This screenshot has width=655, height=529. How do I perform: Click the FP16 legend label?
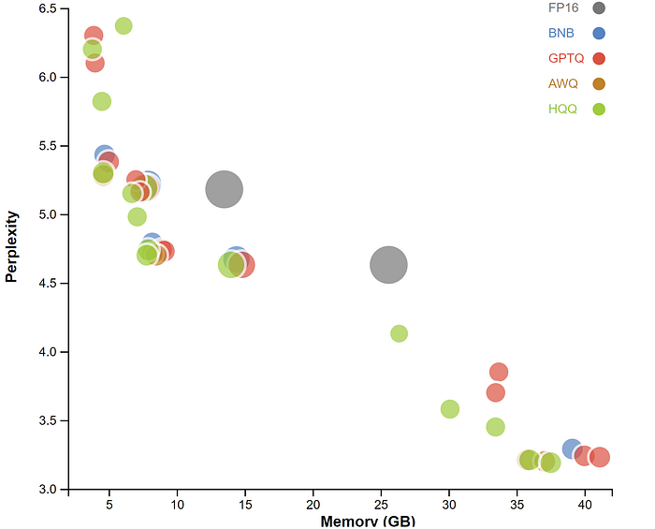point(562,8)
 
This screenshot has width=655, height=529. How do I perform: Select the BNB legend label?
point(561,33)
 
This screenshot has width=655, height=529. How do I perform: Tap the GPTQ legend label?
point(565,58)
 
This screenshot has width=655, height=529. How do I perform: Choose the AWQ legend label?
point(562,83)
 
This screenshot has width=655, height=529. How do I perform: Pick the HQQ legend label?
point(562,109)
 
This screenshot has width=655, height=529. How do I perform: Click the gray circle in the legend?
point(599,8)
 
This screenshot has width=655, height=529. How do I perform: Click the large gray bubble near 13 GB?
point(224,190)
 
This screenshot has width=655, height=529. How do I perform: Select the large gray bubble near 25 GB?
point(389,265)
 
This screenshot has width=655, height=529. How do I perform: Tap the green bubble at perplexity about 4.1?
point(399,333)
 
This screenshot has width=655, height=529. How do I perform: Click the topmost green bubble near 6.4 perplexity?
point(124,25)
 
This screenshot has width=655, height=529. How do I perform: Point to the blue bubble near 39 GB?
point(572,448)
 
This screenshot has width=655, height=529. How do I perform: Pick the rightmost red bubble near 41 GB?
point(600,457)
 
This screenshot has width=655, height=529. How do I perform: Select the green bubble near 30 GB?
point(450,409)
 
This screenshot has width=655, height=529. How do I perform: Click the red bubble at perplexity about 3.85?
point(499,372)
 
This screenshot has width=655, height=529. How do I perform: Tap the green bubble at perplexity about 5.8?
point(102,101)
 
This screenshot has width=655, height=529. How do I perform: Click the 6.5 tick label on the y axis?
point(46,8)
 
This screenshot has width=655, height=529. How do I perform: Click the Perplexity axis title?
point(12,246)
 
